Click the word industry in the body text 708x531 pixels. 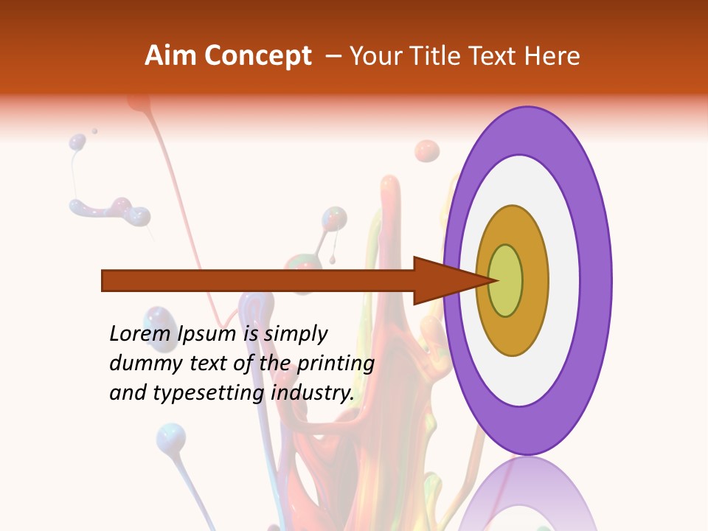pyautogui.click(x=313, y=394)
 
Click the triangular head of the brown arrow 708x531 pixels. pyautogui.click(x=442, y=281)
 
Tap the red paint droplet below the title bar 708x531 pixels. pyautogui.click(x=426, y=151)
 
